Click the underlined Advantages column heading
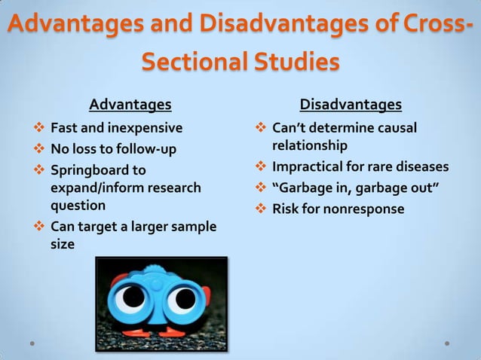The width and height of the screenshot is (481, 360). tap(130, 103)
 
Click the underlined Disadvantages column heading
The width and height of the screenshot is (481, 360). tap(351, 103)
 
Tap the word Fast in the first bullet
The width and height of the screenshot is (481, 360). tap(63, 127)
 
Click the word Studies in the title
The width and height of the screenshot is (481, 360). tap(294, 62)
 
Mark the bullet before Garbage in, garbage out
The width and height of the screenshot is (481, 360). tap(261, 188)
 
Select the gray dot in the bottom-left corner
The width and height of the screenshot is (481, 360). tap(32, 343)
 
